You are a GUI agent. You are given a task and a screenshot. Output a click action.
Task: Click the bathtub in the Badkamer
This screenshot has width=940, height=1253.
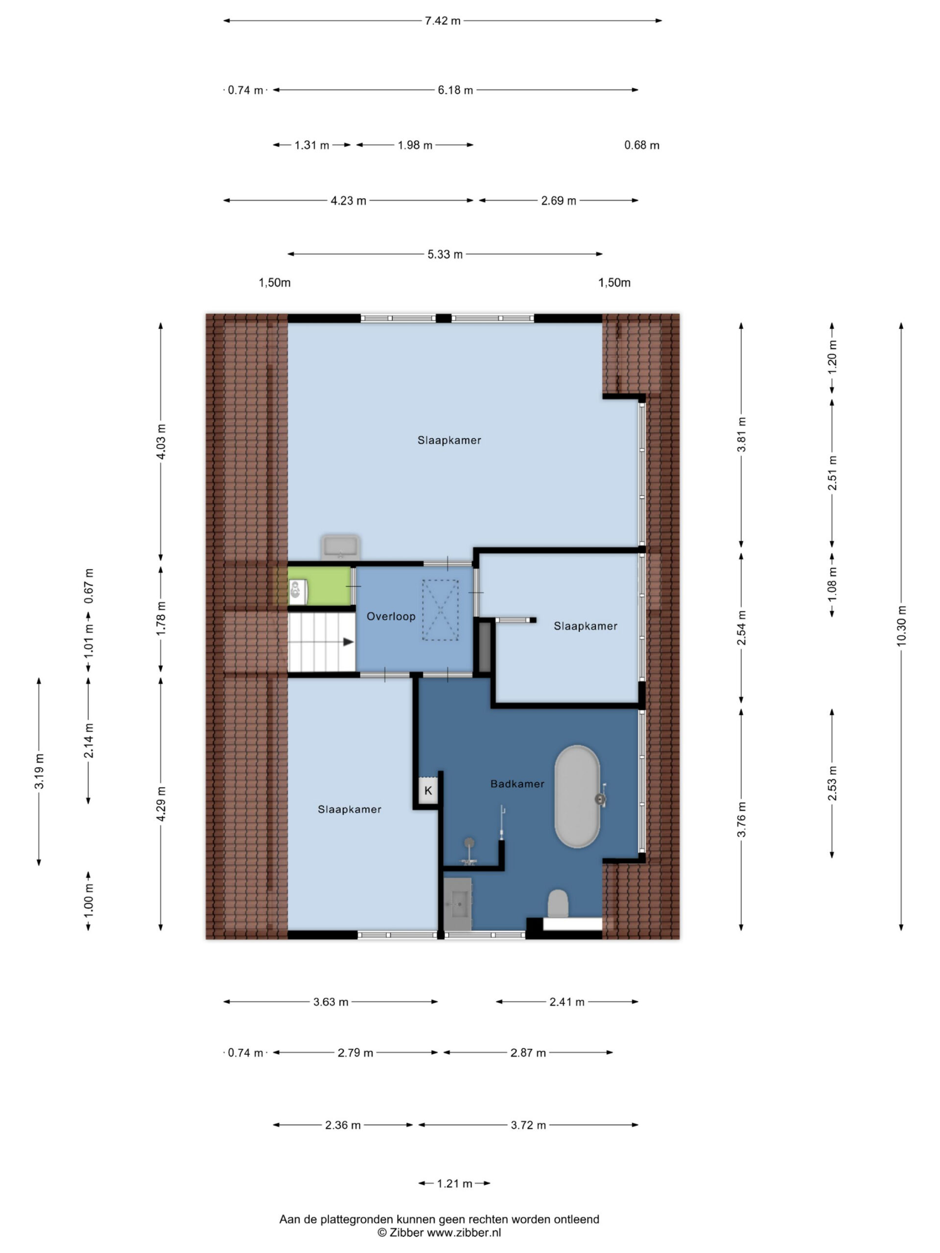pyautogui.click(x=577, y=796)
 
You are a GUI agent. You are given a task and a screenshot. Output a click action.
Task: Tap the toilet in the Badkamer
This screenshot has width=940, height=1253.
pyautogui.click(x=558, y=903)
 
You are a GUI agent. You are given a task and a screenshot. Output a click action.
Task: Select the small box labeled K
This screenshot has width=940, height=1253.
pyautogui.click(x=428, y=790)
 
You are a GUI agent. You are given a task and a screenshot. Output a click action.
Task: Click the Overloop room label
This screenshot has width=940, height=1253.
pyautogui.click(x=391, y=616)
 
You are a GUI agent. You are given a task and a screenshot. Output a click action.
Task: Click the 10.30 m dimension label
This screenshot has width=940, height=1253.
pyautogui.click(x=901, y=626)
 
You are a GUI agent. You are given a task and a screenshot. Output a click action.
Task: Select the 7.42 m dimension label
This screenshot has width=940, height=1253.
pyautogui.click(x=443, y=21)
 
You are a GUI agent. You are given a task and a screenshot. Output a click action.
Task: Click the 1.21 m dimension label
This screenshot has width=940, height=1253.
pyautogui.click(x=454, y=1183)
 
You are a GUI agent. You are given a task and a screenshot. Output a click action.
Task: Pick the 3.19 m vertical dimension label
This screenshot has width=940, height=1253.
pyautogui.click(x=39, y=771)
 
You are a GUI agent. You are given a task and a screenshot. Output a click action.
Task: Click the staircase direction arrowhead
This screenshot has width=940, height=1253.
pyautogui.click(x=349, y=642)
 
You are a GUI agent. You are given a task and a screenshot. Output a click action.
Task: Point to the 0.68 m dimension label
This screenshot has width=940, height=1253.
pyautogui.click(x=642, y=145)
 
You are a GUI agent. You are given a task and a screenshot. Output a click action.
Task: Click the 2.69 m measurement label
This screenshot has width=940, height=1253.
pyautogui.click(x=559, y=201)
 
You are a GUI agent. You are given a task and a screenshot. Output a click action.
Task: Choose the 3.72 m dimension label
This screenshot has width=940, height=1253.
pyautogui.click(x=529, y=1125)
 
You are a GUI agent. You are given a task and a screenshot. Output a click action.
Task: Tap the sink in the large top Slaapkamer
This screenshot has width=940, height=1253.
pyautogui.click(x=340, y=547)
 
